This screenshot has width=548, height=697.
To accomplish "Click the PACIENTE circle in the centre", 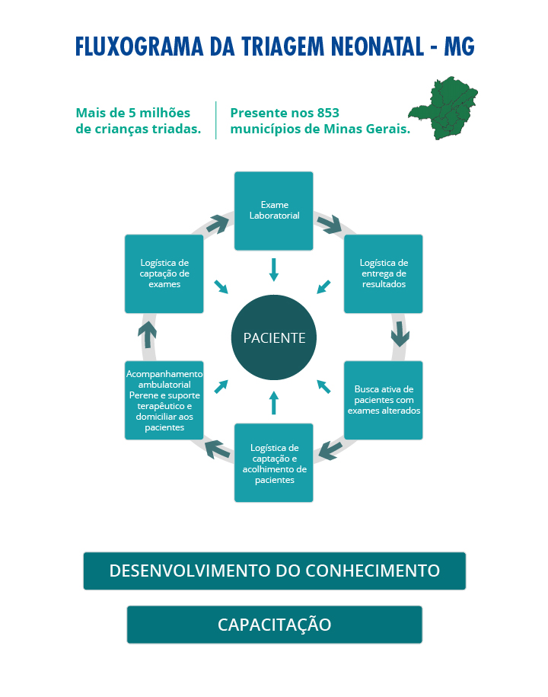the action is coord(273,337).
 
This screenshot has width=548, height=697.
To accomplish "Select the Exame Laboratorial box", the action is coord(273,211).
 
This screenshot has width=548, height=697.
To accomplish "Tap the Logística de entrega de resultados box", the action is coord(384,273).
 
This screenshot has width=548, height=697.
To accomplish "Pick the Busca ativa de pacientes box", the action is coord(384,400).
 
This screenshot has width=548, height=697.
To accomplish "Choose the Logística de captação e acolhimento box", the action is coord(273,462).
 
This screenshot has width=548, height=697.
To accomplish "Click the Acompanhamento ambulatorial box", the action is coord(164,400).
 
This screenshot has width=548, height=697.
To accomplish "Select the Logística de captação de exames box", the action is coord(164,273).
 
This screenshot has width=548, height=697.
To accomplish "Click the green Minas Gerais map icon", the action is coord(443,108).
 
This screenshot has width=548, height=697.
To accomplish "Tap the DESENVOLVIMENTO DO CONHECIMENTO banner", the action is coord(275,571).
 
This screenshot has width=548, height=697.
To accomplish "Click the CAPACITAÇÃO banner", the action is coord(275,625).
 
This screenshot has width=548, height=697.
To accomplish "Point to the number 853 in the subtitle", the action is coord(328,113).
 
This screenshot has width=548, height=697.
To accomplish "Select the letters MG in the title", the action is coord(459,46).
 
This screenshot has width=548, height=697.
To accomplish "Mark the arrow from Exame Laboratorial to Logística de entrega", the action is coord(330,224).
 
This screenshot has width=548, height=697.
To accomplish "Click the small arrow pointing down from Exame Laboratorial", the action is coord(273,270).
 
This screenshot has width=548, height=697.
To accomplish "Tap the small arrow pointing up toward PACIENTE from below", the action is coord(273,403).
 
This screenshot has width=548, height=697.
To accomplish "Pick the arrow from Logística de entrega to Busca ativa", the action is coord(400,334).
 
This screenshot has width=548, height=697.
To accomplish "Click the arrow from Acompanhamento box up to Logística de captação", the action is coord(147,334).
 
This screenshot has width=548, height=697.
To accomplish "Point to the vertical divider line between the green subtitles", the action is coord(216,120).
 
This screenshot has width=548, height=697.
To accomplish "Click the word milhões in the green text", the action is coord(164,113).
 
